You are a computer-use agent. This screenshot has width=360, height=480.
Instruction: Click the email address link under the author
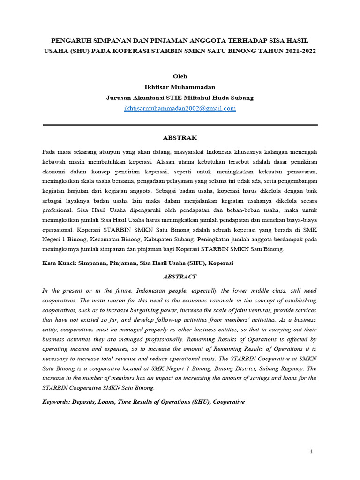(180, 108)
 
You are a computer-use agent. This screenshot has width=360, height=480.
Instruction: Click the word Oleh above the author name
(180, 76)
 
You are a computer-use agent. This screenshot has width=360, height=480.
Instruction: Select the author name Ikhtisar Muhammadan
(180, 87)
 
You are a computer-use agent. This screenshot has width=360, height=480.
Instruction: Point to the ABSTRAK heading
(180, 138)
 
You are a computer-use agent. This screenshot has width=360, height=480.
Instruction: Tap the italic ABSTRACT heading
(180, 277)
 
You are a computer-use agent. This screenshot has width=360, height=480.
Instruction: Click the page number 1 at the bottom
(310, 451)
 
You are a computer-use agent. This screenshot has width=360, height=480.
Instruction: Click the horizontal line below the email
(180, 125)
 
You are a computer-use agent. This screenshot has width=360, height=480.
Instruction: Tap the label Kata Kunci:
(60, 263)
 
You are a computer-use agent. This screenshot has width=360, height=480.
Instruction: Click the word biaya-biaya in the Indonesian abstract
(300, 221)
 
